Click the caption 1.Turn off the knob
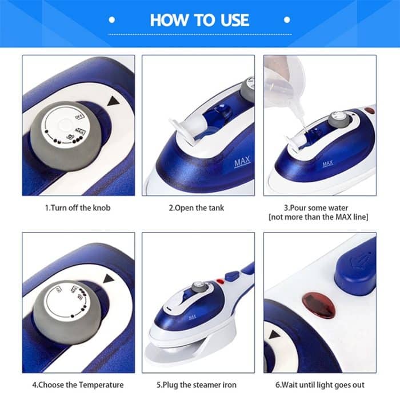click(78, 208)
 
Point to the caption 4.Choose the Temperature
click(78, 385)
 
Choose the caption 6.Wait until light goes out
click(319, 385)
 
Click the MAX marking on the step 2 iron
click(242, 164)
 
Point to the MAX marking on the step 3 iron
click(327, 163)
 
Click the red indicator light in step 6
click(319, 305)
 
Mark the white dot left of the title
click(112, 20)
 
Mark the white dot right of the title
click(287, 20)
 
